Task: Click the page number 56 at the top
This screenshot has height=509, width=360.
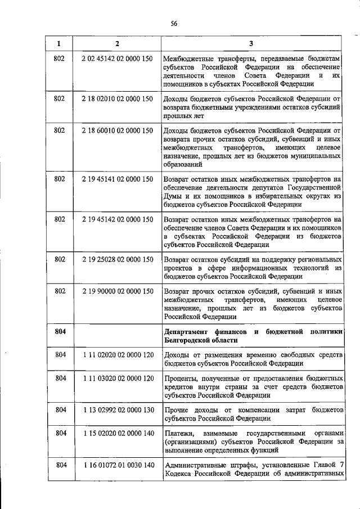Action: [x=174, y=22]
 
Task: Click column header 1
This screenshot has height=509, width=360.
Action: [x=59, y=43]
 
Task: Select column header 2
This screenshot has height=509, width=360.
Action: [x=117, y=43]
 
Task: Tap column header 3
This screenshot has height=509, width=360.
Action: [x=251, y=43]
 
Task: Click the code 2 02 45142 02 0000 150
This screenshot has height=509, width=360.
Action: [x=117, y=58]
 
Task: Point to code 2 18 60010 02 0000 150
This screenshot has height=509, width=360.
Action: [x=117, y=130]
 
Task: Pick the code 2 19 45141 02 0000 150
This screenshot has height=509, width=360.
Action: [x=117, y=179]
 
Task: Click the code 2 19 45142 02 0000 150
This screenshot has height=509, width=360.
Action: [x=117, y=219]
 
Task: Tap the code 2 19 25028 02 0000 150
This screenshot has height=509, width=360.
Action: [x=117, y=260]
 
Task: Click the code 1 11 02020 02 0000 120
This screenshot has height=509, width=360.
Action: [x=117, y=354]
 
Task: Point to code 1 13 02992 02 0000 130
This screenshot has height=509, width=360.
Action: [x=117, y=410]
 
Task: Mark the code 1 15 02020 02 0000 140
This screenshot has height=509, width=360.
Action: [x=117, y=434]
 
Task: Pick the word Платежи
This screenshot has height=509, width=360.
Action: [x=180, y=434]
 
